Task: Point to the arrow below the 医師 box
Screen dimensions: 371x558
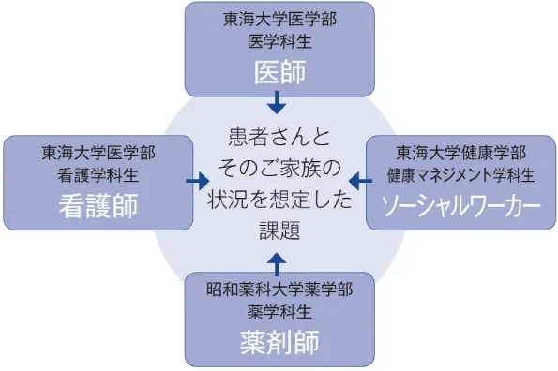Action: click(x=278, y=101)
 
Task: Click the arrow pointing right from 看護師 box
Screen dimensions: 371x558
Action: click(x=197, y=180)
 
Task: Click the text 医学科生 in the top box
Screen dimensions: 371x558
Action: click(x=279, y=41)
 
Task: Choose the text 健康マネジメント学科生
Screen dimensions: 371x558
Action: click(x=461, y=175)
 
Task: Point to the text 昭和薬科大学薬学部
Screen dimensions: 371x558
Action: click(x=279, y=288)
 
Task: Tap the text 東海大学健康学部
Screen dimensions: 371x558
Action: click(x=461, y=153)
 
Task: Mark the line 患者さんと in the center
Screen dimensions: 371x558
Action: click(x=279, y=137)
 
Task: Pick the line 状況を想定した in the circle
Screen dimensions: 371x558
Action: click(x=279, y=200)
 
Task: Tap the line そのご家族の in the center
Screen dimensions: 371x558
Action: click(x=279, y=169)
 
